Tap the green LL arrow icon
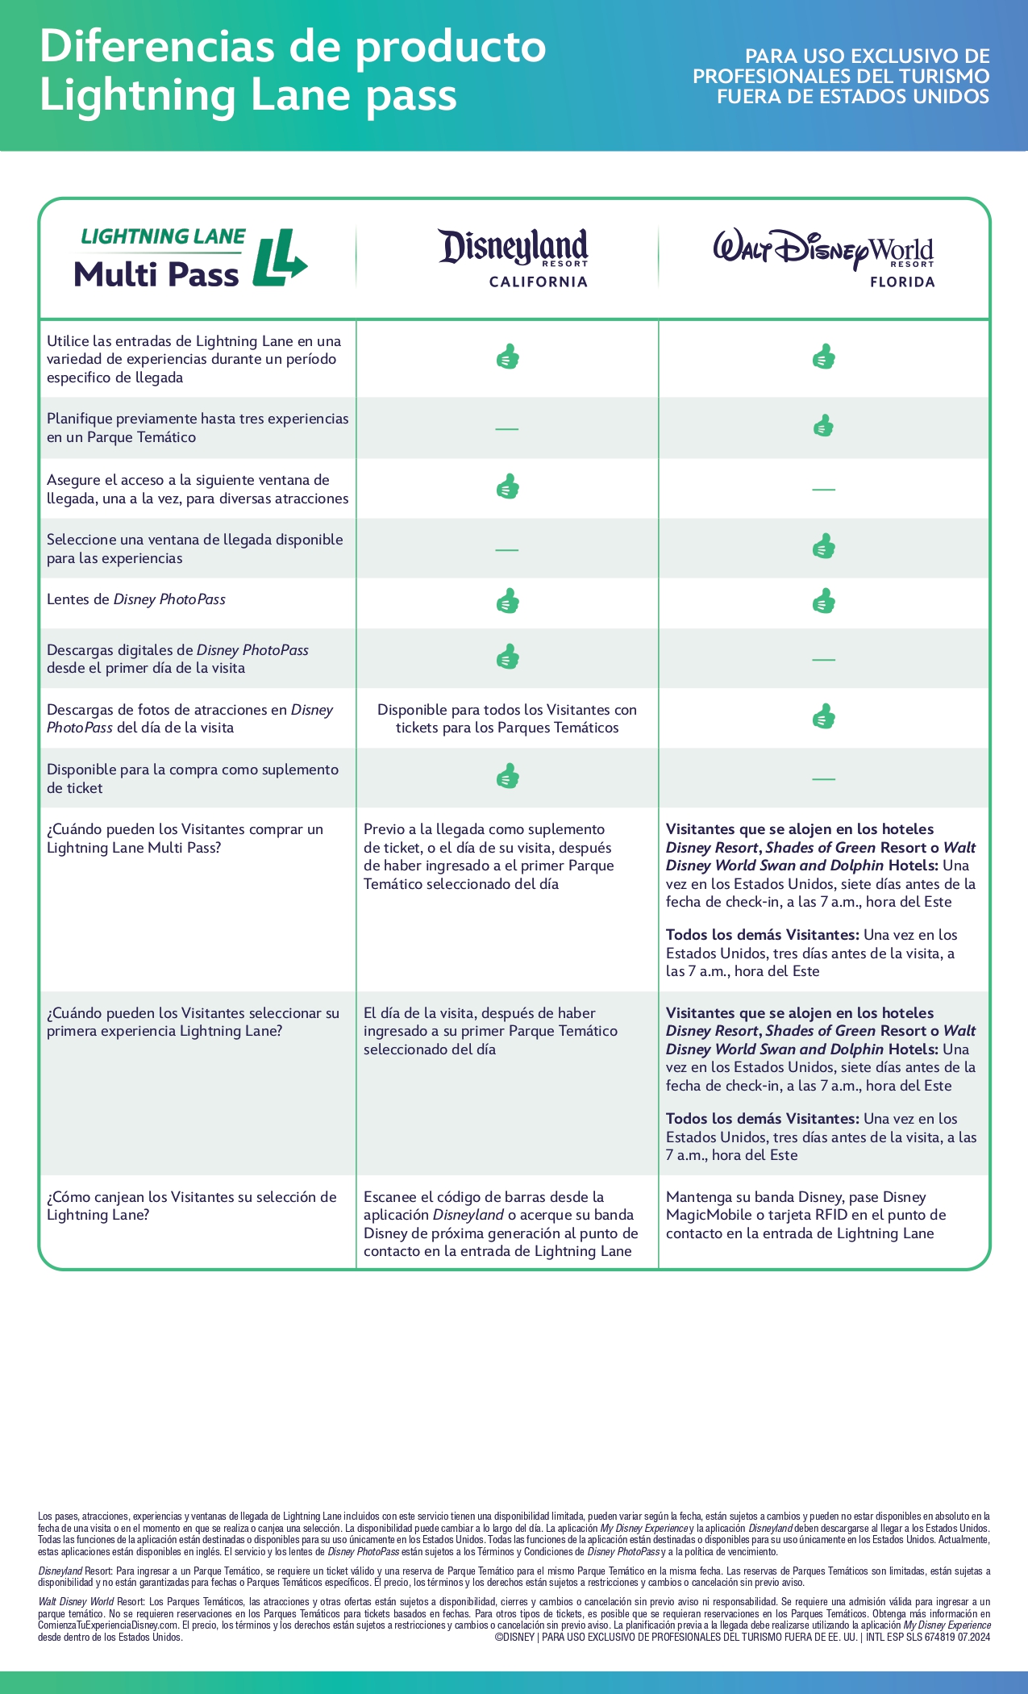(279, 258)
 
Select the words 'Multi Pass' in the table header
(156, 275)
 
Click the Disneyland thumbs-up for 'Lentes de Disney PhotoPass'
(507, 602)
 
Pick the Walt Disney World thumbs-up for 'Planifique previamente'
(823, 426)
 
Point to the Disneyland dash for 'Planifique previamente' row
(506, 428)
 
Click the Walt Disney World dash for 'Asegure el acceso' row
(823, 489)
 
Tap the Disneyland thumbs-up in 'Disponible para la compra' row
(507, 777)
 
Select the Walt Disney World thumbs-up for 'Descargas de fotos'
(823, 716)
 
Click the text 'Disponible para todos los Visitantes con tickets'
(506, 719)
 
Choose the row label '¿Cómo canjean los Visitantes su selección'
(192, 1205)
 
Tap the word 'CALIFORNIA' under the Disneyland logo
(538, 282)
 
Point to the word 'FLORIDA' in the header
(901, 282)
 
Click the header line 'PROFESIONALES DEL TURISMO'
(841, 77)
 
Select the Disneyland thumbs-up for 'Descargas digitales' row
(507, 657)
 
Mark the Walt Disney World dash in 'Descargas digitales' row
(823, 659)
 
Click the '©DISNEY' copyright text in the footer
(514, 1637)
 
